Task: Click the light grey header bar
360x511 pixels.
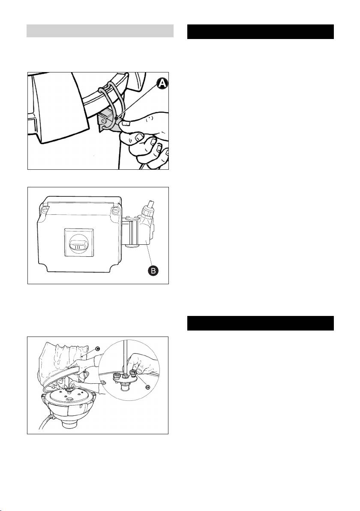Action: (x=100, y=31)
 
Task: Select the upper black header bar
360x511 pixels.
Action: (x=261, y=32)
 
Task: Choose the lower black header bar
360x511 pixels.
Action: (x=261, y=323)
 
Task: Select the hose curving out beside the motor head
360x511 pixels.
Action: (x=43, y=420)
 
